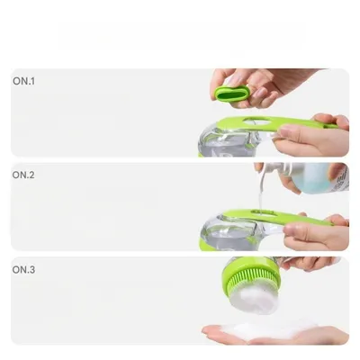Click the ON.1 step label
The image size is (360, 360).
click(x=22, y=81)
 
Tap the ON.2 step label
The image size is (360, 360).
click(x=22, y=175)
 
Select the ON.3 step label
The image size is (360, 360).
click(x=22, y=268)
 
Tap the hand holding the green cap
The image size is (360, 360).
click(x=270, y=83)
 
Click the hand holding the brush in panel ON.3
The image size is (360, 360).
click(x=310, y=263)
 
